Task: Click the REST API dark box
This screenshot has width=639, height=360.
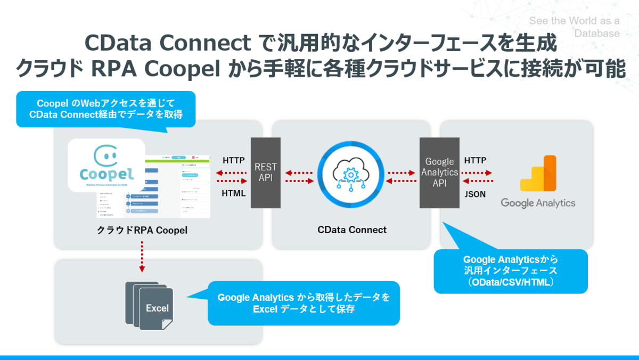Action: (x=265, y=173)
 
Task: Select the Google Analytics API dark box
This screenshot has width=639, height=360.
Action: (x=439, y=173)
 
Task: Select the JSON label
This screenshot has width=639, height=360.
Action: (x=475, y=194)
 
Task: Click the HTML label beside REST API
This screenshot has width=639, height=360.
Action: (x=234, y=193)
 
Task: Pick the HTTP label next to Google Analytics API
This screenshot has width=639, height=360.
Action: (x=475, y=160)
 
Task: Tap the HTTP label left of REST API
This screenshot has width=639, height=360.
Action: (x=234, y=160)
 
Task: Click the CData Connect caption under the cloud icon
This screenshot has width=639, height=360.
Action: (x=352, y=230)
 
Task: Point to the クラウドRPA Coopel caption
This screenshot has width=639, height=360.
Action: (x=142, y=230)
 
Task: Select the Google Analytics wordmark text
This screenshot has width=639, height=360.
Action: (x=538, y=203)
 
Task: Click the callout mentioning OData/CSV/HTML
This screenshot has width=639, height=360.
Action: (x=510, y=271)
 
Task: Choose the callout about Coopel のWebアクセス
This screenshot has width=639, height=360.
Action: (x=106, y=109)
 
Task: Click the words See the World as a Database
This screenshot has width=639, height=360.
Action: (x=575, y=27)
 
